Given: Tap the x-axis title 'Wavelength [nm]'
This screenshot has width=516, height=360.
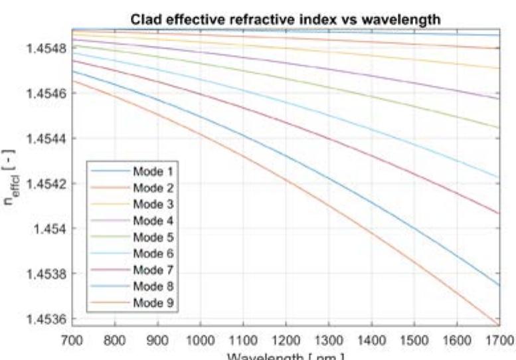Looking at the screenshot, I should [x=286, y=355].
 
